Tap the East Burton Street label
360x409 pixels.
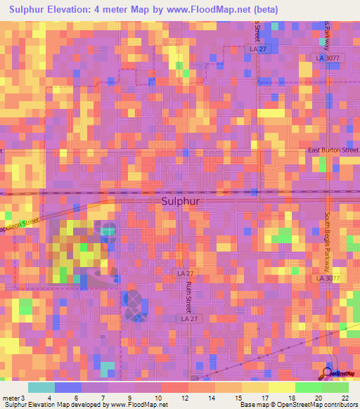[333, 150]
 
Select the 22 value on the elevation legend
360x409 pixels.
[345, 398]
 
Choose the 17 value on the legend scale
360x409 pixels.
[264, 398]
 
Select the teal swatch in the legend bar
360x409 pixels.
[41, 387]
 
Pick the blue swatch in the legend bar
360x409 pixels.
[68, 387]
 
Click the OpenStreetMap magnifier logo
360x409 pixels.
[329, 372]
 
